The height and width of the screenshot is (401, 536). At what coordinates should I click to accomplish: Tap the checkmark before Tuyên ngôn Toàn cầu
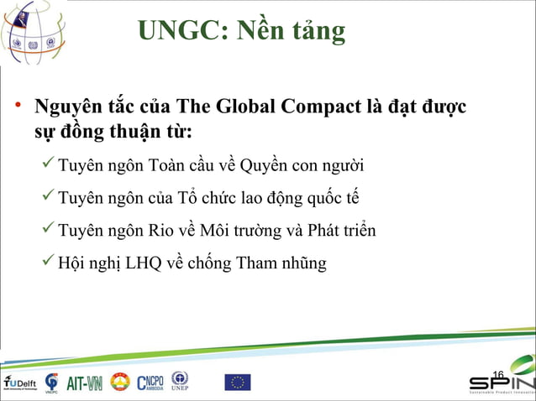[x=50, y=162]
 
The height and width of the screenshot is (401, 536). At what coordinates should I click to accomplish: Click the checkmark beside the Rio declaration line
[x=50, y=229]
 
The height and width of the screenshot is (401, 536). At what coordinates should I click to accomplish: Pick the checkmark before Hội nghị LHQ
[x=50, y=263]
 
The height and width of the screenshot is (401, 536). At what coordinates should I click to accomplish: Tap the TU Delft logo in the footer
[x=18, y=382]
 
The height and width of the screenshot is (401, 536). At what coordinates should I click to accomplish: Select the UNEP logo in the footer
[x=180, y=381]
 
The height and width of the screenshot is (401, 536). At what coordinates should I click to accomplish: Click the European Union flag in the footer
[x=237, y=383]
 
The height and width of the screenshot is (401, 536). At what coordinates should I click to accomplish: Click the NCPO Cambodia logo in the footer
[x=150, y=382]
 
